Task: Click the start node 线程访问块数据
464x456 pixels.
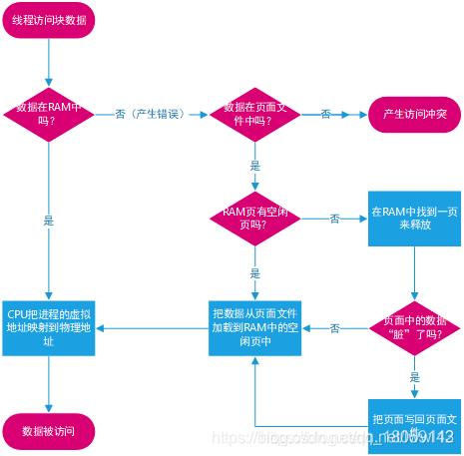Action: [x=48, y=21]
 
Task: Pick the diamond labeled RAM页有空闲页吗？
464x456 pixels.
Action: [x=255, y=219]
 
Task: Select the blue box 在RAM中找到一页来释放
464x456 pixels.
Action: [x=414, y=219]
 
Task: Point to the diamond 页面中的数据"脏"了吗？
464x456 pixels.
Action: [x=414, y=328]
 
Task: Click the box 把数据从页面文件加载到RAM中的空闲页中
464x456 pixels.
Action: [x=255, y=328]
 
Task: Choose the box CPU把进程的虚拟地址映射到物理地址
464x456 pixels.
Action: [x=48, y=328]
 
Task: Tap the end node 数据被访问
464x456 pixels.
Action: [x=48, y=431]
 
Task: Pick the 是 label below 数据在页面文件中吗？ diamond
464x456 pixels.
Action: [x=255, y=166]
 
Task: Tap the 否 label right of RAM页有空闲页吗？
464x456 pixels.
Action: [x=335, y=219]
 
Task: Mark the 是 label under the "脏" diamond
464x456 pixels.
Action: [x=414, y=377]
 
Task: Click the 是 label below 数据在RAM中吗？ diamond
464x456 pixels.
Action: [x=48, y=221]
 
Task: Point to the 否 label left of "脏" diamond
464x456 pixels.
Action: [x=335, y=328]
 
